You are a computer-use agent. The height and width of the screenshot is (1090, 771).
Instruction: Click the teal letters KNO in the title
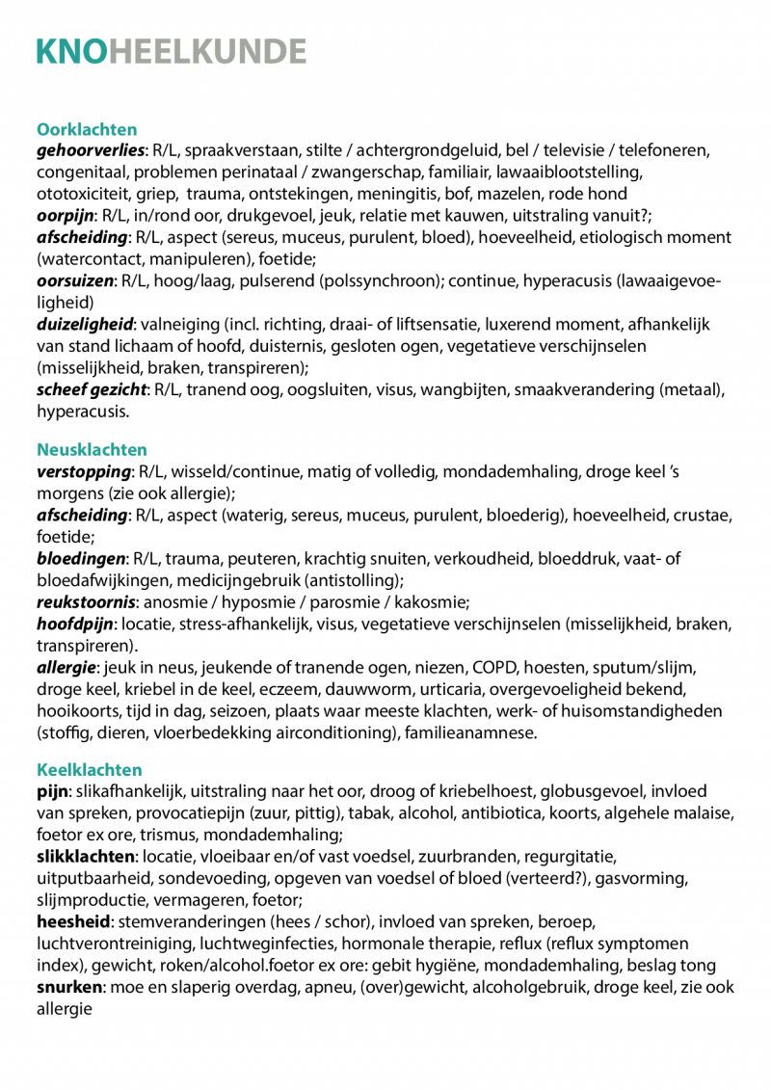(x=72, y=50)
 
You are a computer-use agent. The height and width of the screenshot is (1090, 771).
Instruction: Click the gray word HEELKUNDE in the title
(x=208, y=50)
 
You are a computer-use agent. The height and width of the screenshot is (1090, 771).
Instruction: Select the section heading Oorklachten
(x=87, y=129)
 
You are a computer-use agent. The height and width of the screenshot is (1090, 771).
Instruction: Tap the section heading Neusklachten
(x=92, y=450)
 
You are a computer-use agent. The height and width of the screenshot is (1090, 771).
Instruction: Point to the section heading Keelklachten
(x=89, y=770)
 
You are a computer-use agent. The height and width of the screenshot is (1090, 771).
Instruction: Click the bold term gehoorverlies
(x=91, y=151)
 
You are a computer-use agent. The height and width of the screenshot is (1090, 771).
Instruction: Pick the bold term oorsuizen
(x=75, y=280)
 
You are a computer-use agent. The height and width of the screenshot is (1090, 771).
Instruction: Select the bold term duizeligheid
(x=85, y=324)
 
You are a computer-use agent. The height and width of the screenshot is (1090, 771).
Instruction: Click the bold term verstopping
(x=84, y=472)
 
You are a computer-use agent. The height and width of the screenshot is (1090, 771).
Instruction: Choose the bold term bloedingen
(x=82, y=559)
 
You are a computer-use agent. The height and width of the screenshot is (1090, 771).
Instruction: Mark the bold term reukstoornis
(x=85, y=602)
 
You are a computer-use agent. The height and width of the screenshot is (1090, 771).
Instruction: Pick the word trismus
(x=189, y=835)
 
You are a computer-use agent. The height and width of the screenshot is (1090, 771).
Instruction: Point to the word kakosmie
(x=433, y=602)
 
